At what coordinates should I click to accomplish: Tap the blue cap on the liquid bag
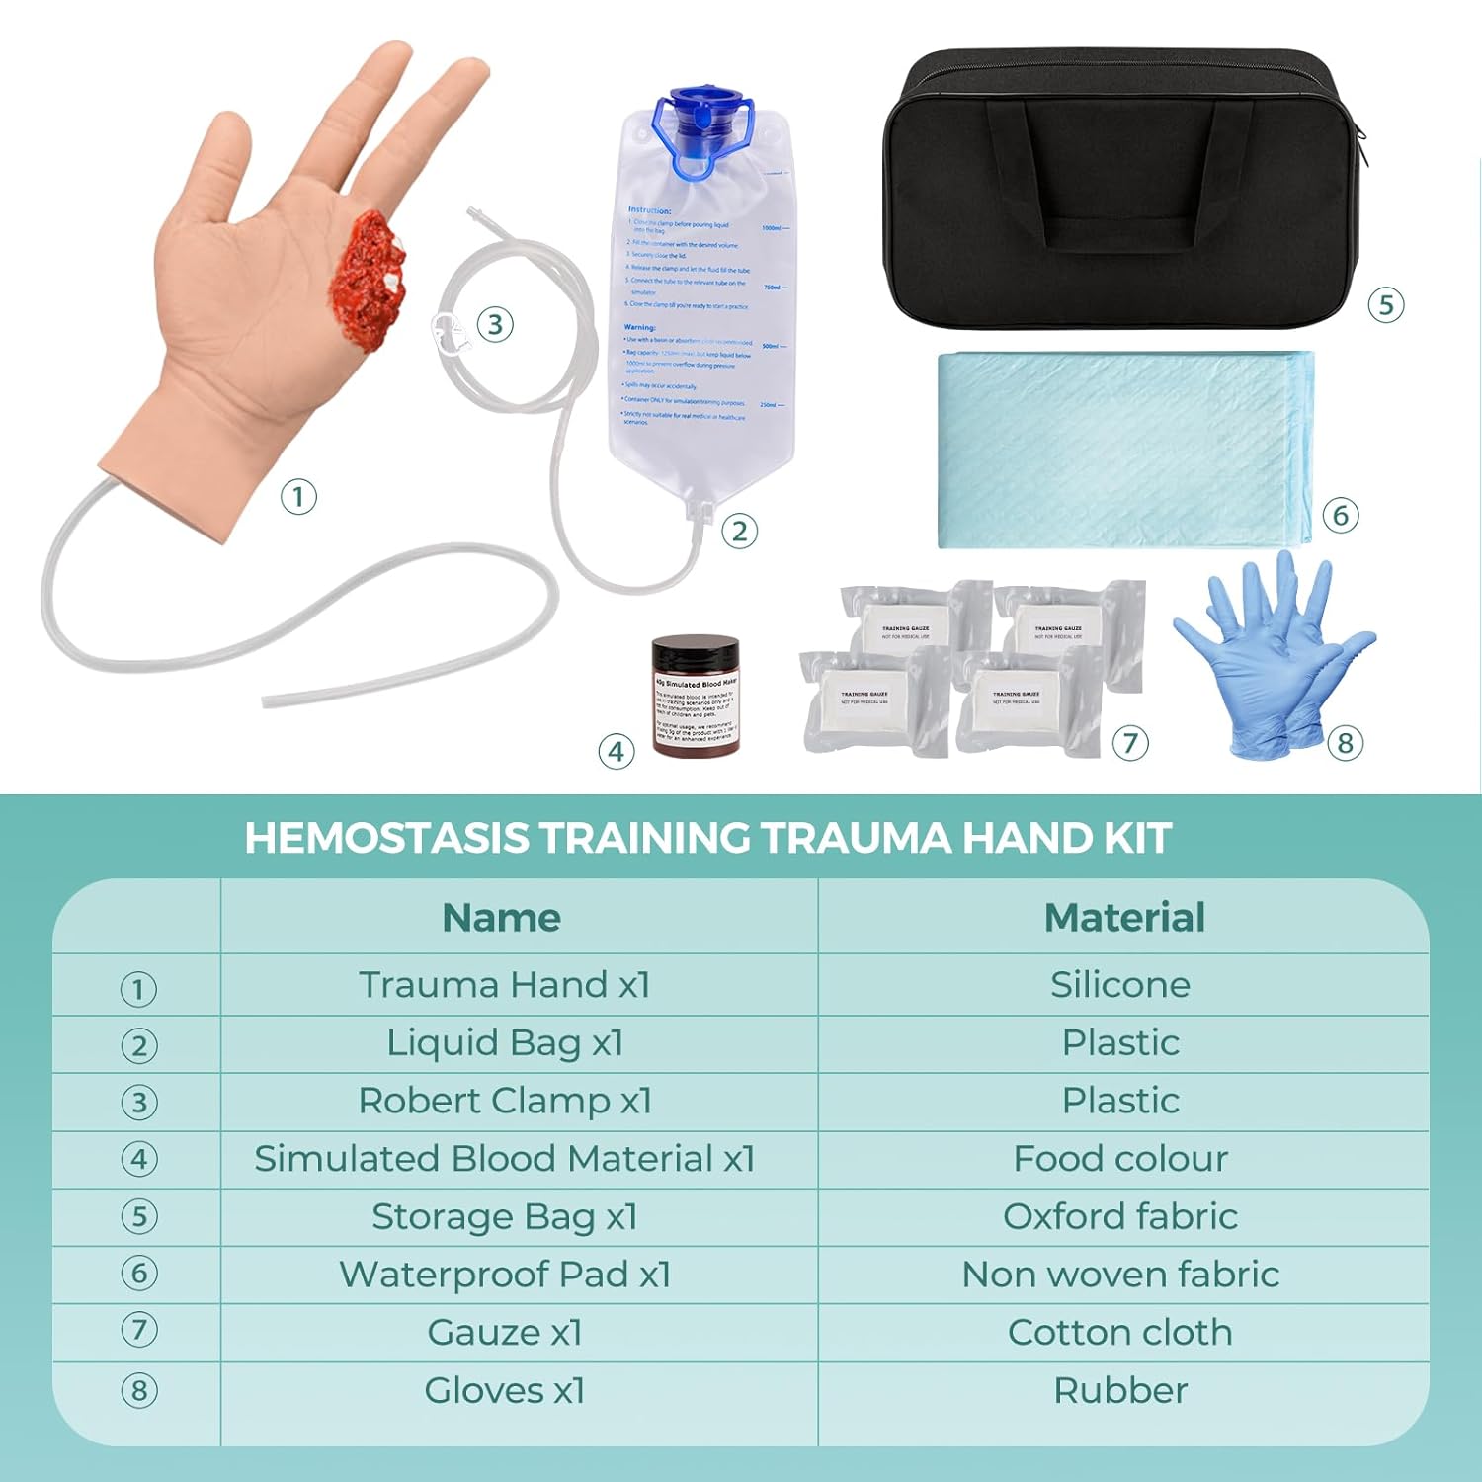(700, 123)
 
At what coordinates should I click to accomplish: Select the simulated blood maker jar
(696, 696)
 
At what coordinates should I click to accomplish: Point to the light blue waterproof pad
(1121, 450)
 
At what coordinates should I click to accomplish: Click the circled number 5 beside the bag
(1385, 304)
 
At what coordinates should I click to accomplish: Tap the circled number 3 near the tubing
(495, 324)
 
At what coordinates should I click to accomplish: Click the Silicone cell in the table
(1120, 985)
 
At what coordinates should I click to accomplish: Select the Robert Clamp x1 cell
(505, 1101)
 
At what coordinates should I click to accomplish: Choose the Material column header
(1124, 917)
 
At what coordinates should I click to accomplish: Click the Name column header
(501, 917)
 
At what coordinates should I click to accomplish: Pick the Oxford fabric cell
(1120, 1216)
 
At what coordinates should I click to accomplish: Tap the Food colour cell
(1120, 1158)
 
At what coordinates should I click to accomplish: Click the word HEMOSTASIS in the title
(386, 838)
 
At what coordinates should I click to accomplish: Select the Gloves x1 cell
(505, 1390)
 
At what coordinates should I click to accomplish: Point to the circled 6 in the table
(138, 1274)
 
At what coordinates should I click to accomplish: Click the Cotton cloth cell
(1120, 1332)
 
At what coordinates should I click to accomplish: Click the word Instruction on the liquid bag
(649, 209)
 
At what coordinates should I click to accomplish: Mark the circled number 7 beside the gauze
(1130, 742)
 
